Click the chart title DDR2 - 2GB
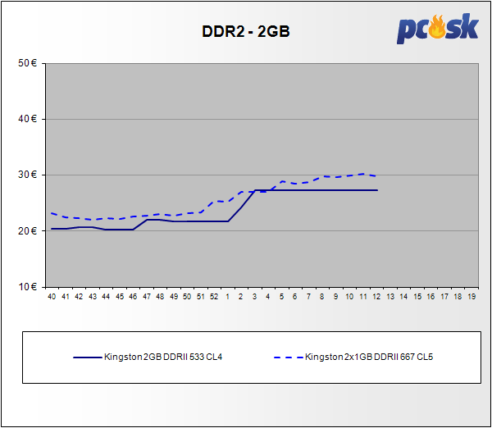click(x=246, y=33)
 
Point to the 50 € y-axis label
click(x=29, y=63)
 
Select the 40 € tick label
click(x=29, y=119)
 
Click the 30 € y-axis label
click(x=29, y=175)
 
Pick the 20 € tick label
click(x=29, y=230)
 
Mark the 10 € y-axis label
click(x=29, y=286)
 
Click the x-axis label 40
click(x=52, y=295)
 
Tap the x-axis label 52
click(x=214, y=295)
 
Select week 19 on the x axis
click(x=471, y=295)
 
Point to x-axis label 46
click(x=133, y=295)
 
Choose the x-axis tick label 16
click(x=430, y=295)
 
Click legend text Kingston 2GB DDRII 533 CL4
click(x=165, y=357)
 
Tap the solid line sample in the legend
click(x=86, y=357)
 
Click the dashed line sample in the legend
click(x=286, y=357)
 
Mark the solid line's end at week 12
click(x=376, y=190)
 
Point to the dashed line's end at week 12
click(x=376, y=176)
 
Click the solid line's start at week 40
click(x=52, y=229)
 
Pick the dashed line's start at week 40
click(x=52, y=213)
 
